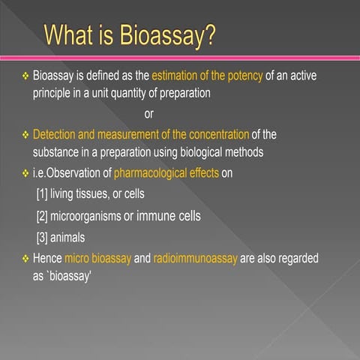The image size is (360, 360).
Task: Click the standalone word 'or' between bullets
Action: (148, 115)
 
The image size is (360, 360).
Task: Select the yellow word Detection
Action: (61, 134)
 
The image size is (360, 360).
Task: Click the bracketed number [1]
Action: (43, 194)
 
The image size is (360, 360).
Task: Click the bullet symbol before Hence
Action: (24, 258)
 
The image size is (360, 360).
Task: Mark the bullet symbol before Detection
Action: (24, 135)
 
